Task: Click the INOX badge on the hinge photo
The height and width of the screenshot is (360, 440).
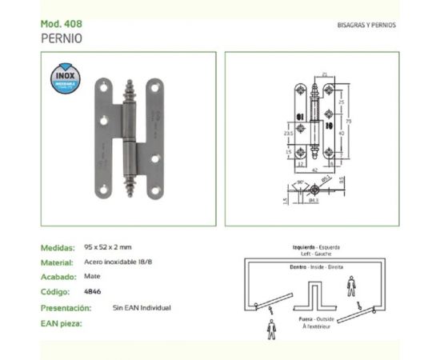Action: pos(65,77)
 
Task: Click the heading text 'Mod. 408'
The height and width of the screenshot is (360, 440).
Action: pos(59,24)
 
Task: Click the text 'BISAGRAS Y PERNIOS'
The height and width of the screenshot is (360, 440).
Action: pos(367,25)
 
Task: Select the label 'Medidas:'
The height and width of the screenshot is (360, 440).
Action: pos(58,248)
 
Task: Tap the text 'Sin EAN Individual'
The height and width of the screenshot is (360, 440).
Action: pos(142,308)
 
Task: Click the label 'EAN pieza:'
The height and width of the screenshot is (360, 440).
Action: pos(62,323)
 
